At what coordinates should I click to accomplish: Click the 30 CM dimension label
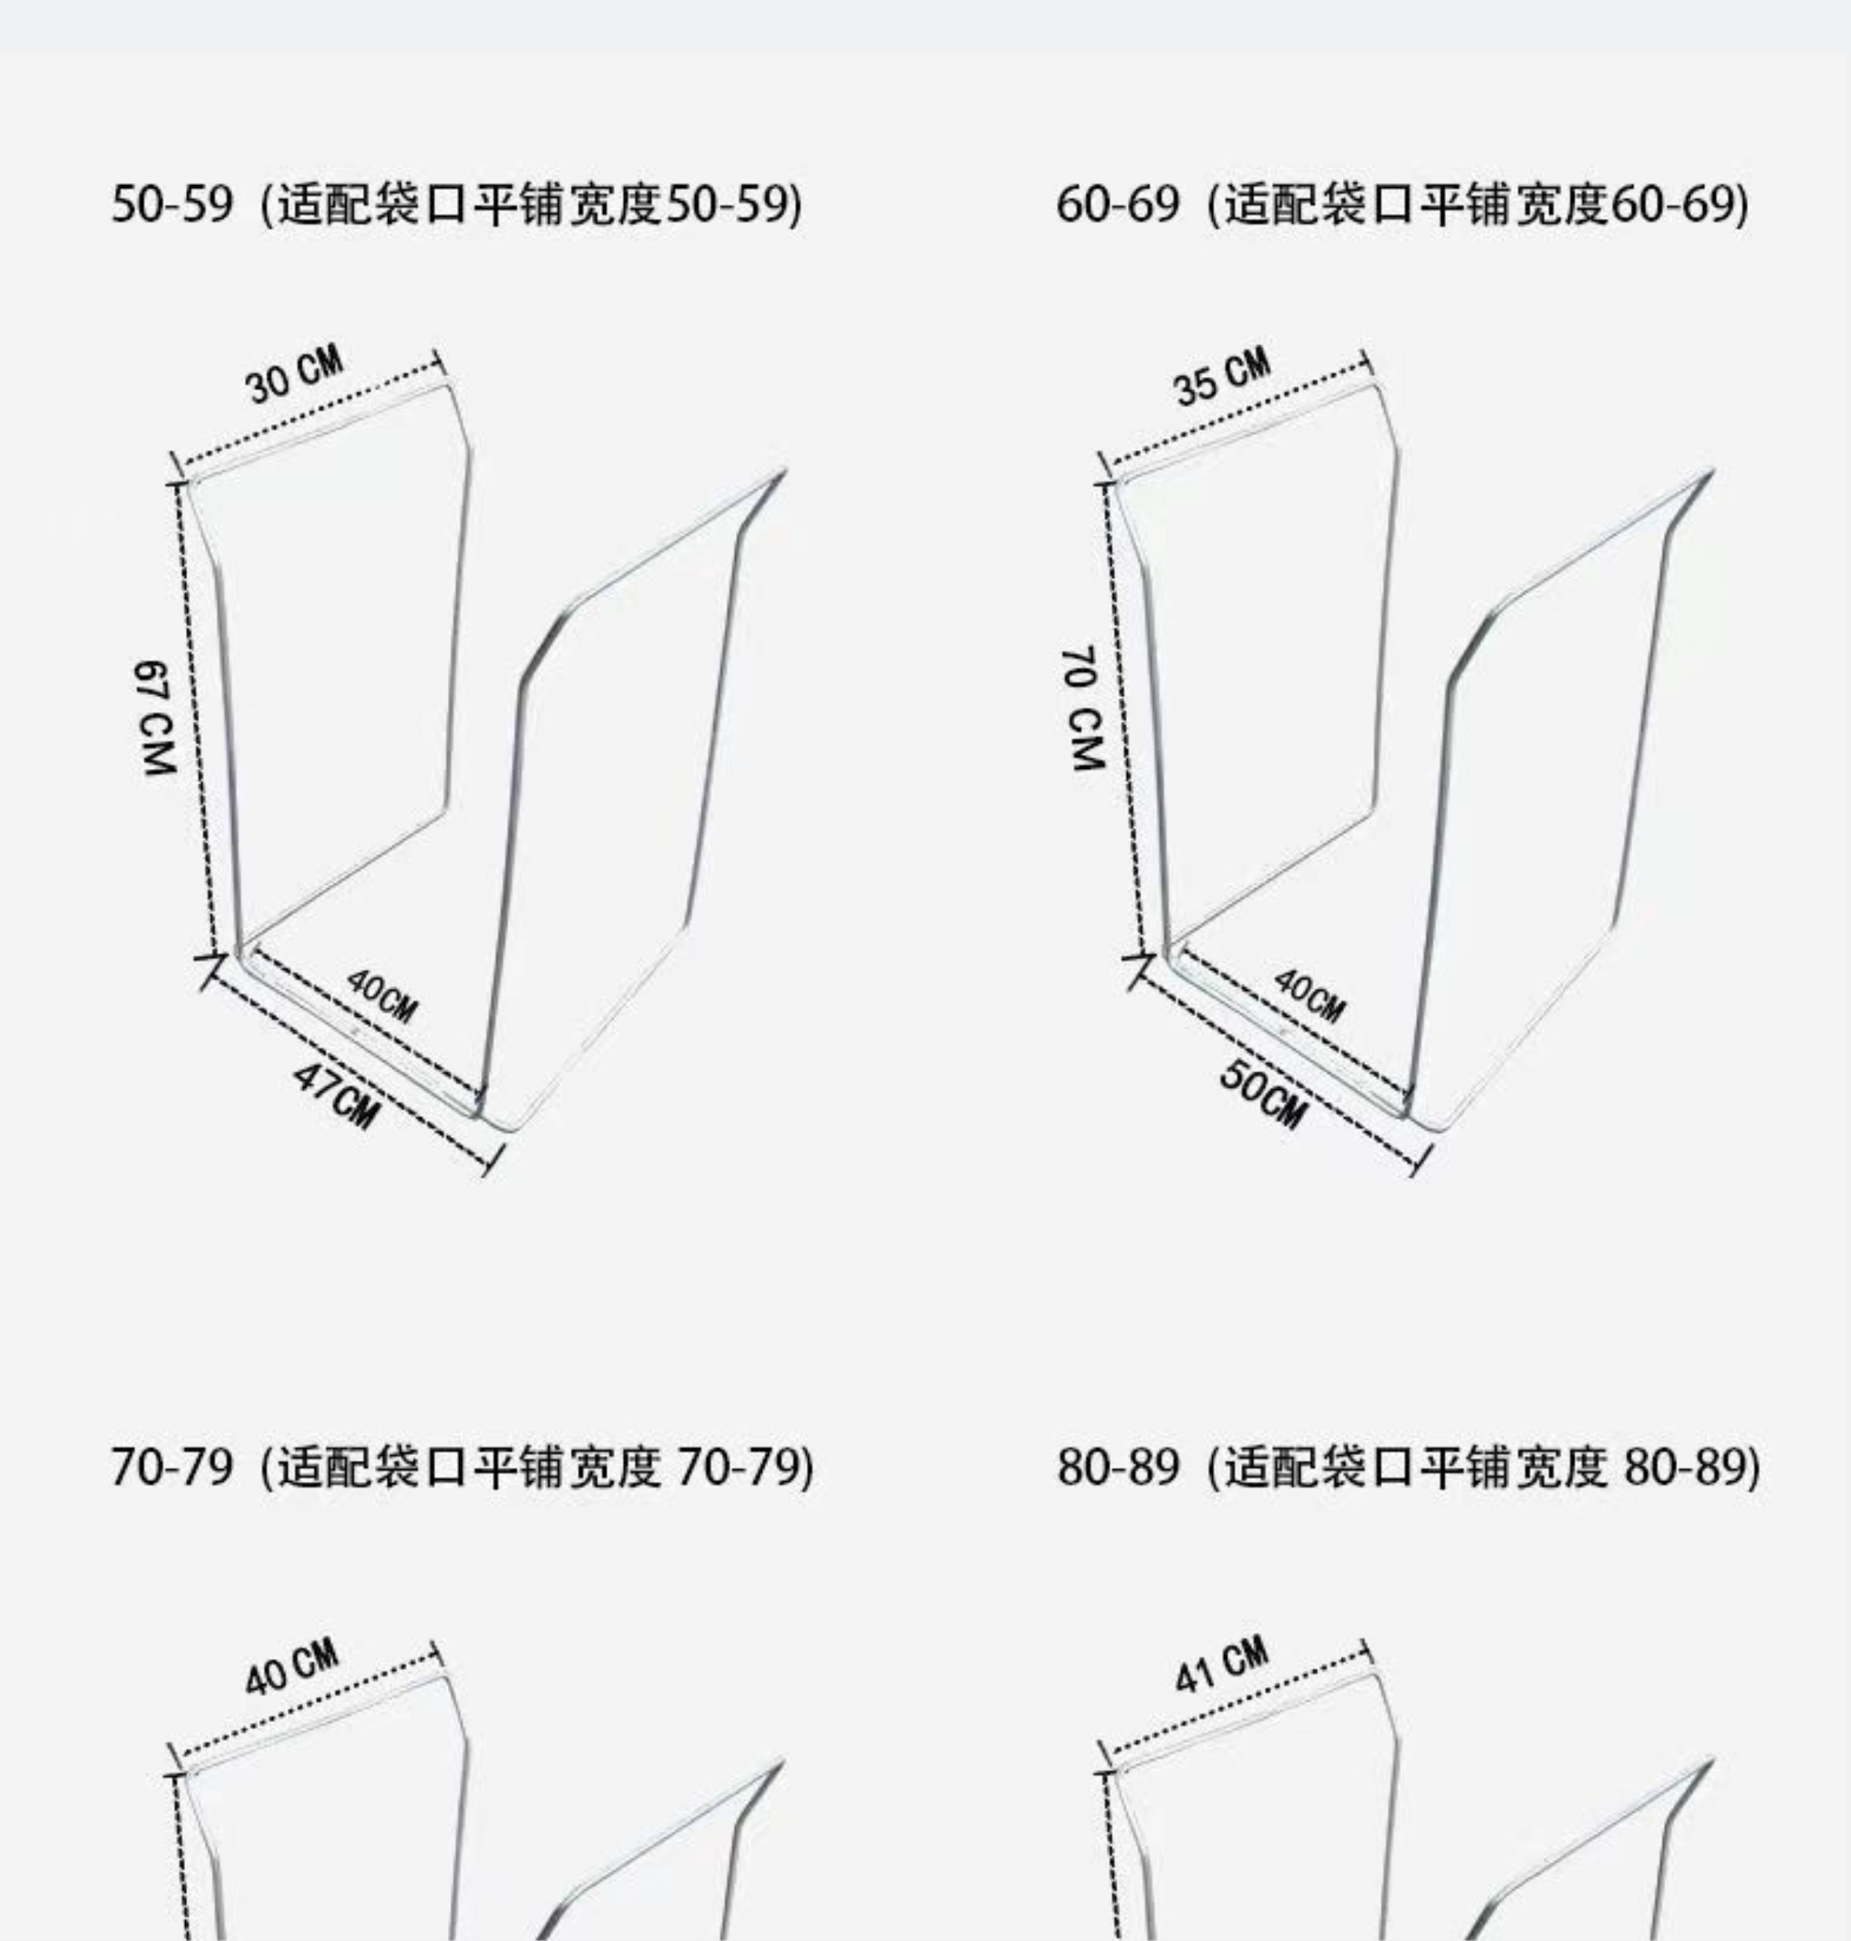tap(294, 374)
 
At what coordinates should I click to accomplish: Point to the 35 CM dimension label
tap(1222, 376)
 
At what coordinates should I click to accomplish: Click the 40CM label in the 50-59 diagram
tap(382, 996)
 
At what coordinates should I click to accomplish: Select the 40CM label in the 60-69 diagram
tap(1308, 994)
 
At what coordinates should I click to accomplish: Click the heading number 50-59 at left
tap(172, 205)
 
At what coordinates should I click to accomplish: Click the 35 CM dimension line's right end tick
tap(1367, 363)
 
